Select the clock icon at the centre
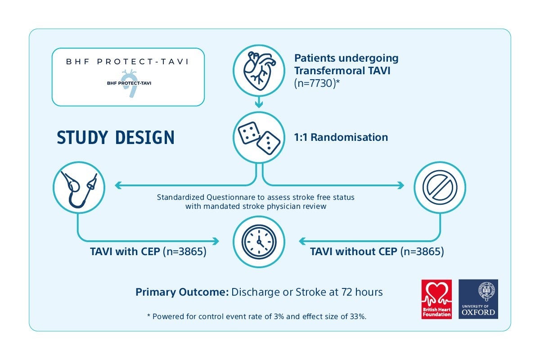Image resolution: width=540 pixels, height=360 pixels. click(258, 242)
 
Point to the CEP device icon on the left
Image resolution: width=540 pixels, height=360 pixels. click(79, 187)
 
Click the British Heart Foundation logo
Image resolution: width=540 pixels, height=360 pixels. click(436, 299)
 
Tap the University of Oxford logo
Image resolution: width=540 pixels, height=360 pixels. click(478, 299)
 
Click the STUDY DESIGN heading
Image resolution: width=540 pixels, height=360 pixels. click(116, 137)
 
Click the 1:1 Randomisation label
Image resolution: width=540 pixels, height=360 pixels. click(341, 137)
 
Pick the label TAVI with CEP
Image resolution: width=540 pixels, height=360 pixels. click(125, 252)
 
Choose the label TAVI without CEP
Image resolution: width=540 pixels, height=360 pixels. click(353, 252)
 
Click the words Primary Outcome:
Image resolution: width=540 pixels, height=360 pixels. click(182, 292)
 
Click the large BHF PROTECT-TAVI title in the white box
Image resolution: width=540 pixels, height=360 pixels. click(128, 62)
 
